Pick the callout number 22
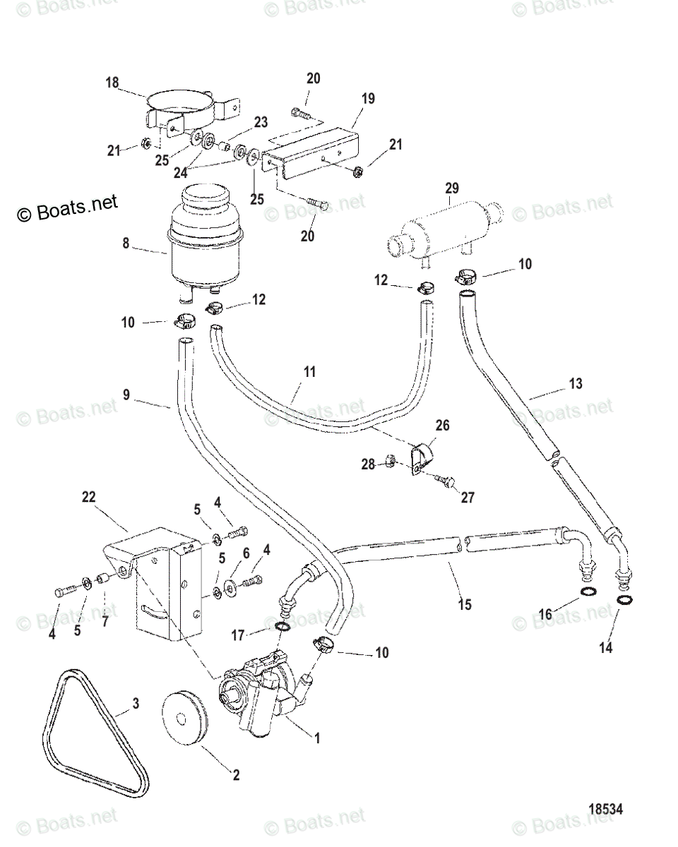pos(88,498)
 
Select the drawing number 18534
pos(605,810)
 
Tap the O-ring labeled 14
pos(624,600)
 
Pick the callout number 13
pos(576,384)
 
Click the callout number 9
pos(126,395)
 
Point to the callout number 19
pos(368,99)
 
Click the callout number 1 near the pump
pos(317,738)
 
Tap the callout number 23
pos(261,123)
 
